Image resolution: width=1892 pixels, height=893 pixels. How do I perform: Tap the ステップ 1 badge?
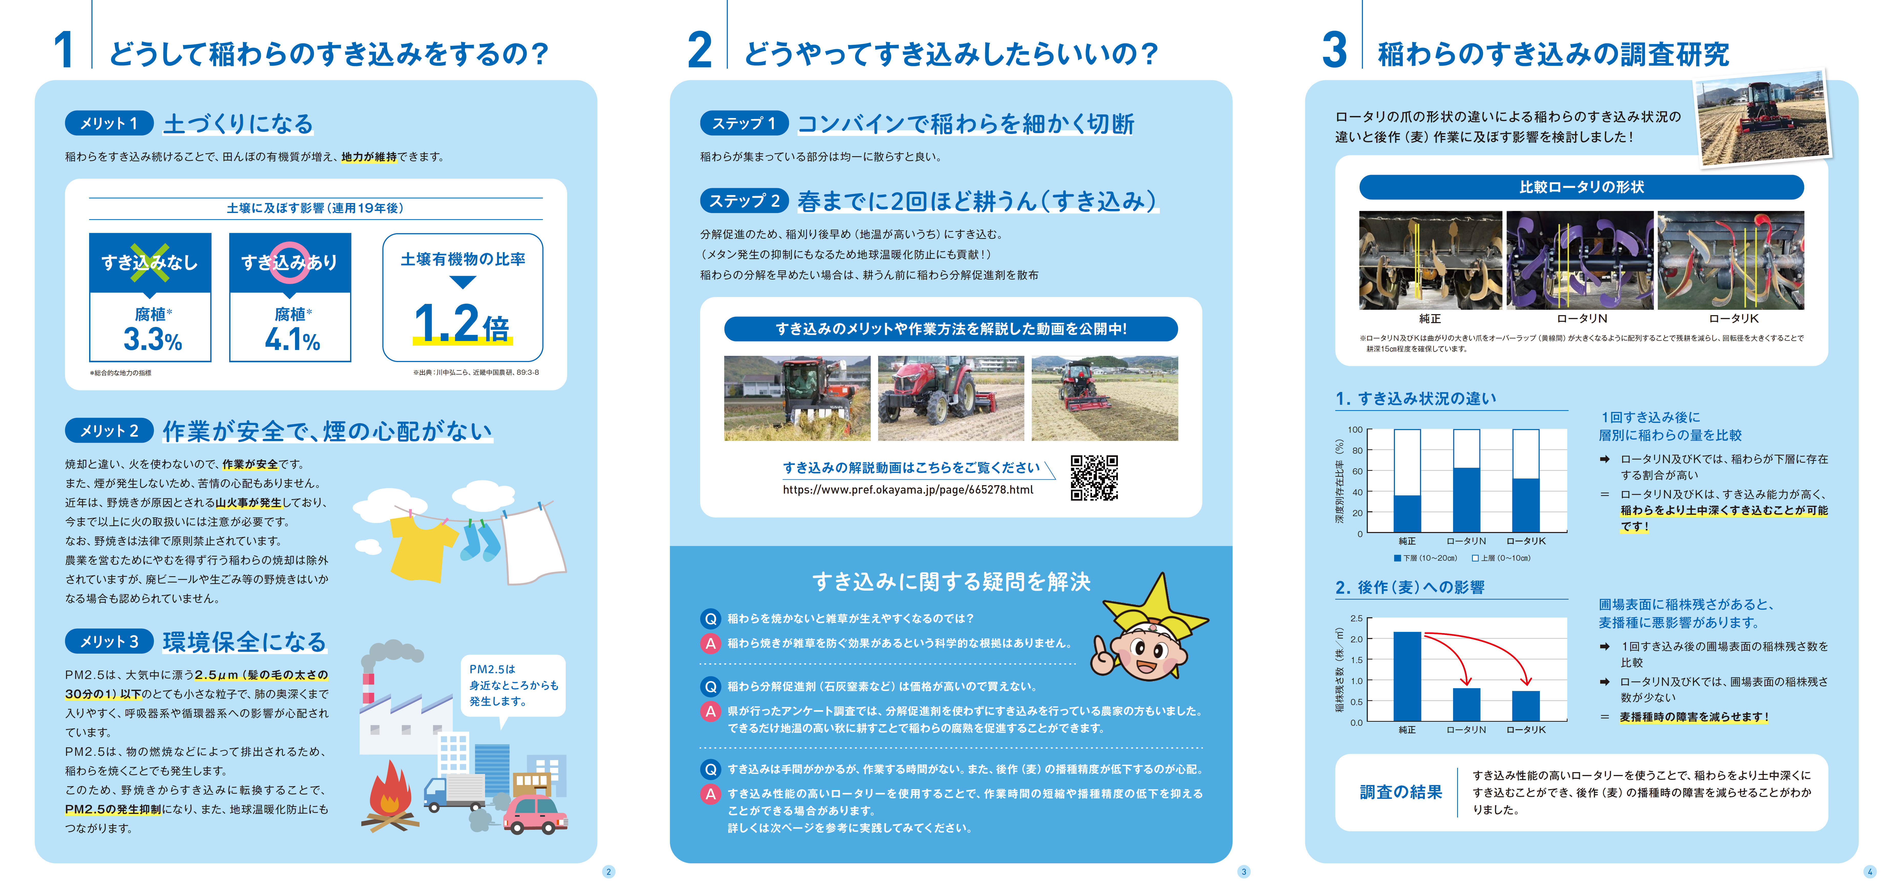pos(743,123)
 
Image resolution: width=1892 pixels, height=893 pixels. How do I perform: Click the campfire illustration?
pos(389,797)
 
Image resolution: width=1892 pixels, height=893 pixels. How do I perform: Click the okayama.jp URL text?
pos(908,490)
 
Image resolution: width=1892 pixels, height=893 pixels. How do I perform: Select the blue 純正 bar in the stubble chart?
pos(1406,676)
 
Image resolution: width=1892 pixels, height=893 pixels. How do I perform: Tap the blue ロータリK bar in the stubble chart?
pos(1526,705)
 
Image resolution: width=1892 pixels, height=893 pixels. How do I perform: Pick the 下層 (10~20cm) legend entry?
pos(1425,558)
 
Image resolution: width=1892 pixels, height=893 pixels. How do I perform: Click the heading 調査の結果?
pos(1401,792)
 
